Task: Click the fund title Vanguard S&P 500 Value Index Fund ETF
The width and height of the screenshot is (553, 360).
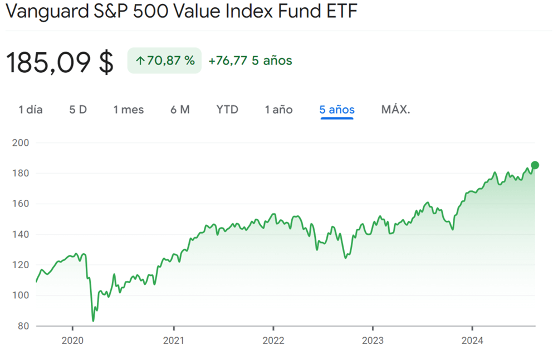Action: pos(182,12)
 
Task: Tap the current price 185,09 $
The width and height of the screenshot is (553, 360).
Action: pos(60,62)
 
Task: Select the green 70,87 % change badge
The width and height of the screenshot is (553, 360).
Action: pos(164,61)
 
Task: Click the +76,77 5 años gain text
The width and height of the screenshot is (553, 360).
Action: pos(250,61)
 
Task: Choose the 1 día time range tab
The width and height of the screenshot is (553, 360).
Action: pos(31,110)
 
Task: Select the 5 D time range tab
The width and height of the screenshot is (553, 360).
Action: pos(78,110)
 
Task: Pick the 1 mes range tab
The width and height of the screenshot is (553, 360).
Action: pos(129,110)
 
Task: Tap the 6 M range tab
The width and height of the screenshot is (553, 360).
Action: pos(180,110)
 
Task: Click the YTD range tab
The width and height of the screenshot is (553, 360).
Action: pos(227,110)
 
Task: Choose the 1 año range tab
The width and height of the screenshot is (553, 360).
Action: pos(278,110)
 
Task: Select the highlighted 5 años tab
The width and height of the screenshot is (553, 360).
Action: pos(337,110)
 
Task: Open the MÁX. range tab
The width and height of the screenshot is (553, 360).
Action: pos(395,110)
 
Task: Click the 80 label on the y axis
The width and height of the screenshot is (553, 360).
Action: pos(23,326)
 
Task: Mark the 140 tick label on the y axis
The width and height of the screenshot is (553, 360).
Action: pos(20,234)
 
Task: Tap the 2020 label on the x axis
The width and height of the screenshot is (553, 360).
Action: pos(73,341)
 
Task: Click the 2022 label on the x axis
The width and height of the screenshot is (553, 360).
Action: pos(273,341)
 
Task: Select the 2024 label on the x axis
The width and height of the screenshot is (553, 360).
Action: pos(472,341)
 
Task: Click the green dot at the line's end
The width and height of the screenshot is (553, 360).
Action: pos(535,165)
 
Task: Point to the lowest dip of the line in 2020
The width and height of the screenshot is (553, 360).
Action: pos(93,321)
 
